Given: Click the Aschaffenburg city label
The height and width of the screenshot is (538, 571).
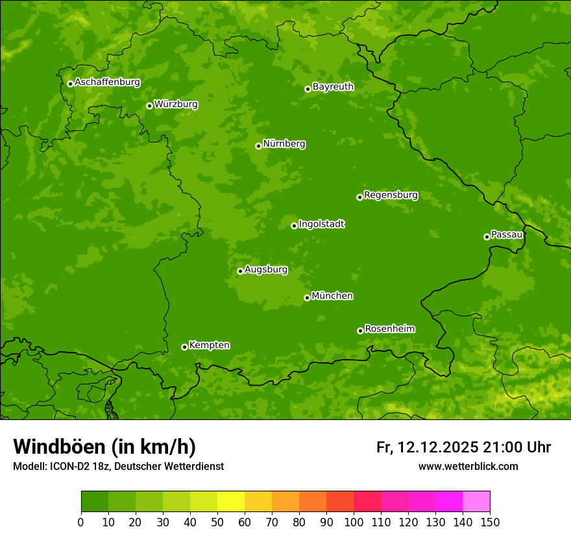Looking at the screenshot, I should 107,82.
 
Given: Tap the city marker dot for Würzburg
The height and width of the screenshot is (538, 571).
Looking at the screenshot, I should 149,106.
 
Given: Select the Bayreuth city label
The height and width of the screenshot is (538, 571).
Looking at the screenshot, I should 333,87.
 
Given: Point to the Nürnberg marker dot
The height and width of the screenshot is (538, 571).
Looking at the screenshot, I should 258,146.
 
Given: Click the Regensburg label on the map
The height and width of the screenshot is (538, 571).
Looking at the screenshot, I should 391,195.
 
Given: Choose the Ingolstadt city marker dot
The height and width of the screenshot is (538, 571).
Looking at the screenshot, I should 294,226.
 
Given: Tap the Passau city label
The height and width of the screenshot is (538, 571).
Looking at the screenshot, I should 507,235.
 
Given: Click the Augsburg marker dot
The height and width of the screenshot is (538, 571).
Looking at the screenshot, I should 240,271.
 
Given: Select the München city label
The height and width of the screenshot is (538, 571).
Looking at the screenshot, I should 332,296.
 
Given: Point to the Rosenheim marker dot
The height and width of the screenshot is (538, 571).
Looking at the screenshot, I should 360,331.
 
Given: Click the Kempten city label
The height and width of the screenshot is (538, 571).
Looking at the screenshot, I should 209,345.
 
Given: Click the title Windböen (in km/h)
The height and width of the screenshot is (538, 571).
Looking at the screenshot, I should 104,447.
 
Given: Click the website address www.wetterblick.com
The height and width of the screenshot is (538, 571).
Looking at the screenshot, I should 468,467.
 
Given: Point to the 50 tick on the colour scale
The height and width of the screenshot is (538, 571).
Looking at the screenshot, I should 217,522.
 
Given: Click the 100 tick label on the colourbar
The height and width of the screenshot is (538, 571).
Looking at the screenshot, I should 354,522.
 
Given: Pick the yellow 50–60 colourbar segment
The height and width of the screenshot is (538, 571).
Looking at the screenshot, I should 230,502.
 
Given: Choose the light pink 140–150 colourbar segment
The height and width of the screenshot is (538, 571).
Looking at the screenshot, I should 476,502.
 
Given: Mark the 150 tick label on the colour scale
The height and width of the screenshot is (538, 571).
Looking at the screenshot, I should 490,522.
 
